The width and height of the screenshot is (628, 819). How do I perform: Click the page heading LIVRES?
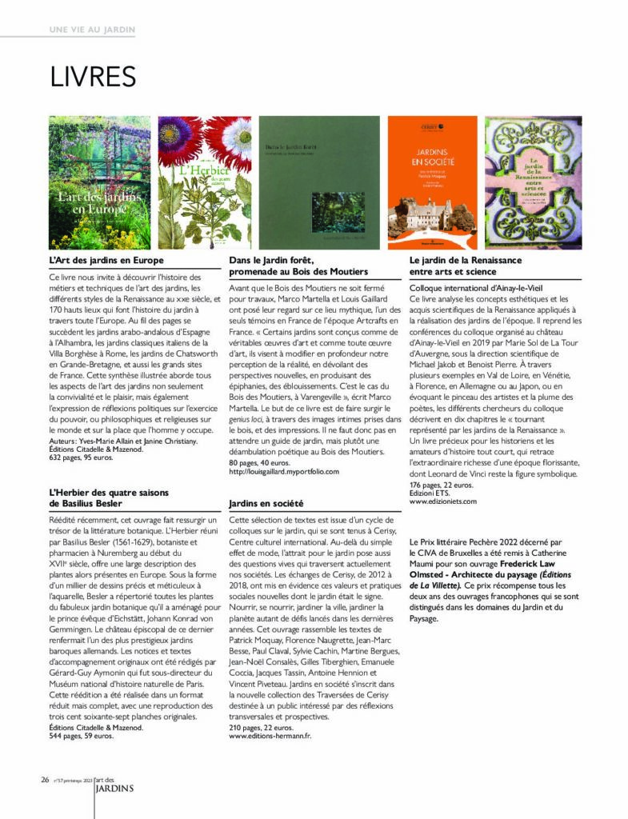pyautogui.click(x=93, y=77)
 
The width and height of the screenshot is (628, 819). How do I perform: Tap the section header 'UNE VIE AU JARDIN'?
pyautogui.click(x=92, y=30)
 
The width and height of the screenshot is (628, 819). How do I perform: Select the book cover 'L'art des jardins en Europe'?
pyautogui.click(x=100, y=182)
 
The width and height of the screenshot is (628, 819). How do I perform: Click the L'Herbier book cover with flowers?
pyautogui.click(x=204, y=182)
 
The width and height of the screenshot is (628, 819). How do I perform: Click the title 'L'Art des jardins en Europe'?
pyautogui.click(x=106, y=261)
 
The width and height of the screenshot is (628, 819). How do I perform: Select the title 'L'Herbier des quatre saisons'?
pyautogui.click(x=105, y=493)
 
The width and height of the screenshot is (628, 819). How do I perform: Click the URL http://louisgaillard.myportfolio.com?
pyautogui.click(x=284, y=472)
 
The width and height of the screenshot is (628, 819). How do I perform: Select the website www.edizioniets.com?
pyautogui.click(x=443, y=501)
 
